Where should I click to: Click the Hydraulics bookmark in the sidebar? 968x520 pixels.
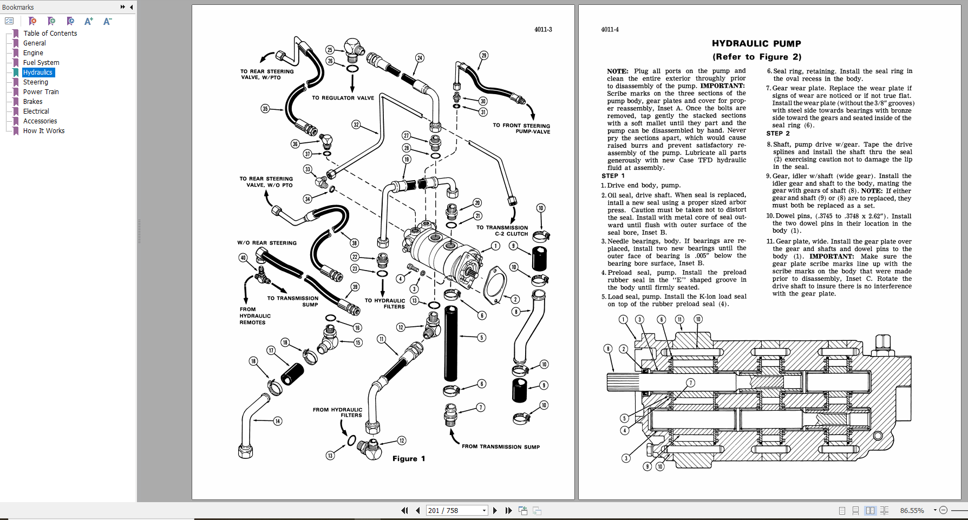[38, 73]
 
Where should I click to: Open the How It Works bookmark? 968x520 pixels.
[43, 131]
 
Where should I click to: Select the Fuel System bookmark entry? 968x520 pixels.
[41, 63]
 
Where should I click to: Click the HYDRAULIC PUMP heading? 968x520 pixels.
[756, 44]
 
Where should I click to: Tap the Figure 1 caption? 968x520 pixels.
[408, 459]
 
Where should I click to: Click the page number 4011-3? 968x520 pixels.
[542, 30]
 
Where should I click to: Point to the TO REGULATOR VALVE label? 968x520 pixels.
[343, 98]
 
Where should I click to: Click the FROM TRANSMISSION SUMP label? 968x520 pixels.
[500, 447]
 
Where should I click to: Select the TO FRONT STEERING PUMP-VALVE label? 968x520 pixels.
[521, 128]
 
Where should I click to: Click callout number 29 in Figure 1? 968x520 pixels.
[483, 55]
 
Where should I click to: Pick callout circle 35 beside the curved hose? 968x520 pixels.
[265, 108]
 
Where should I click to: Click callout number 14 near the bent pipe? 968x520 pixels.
[278, 421]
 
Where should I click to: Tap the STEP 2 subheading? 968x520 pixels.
[777, 134]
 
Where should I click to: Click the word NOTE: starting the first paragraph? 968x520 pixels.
[617, 71]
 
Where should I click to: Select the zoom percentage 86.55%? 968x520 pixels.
[912, 510]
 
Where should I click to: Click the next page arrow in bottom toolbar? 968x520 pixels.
[495, 510]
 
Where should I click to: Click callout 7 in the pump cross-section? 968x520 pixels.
[690, 383]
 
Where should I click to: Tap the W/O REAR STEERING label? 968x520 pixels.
[266, 243]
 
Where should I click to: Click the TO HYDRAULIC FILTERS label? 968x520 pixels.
[384, 304]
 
